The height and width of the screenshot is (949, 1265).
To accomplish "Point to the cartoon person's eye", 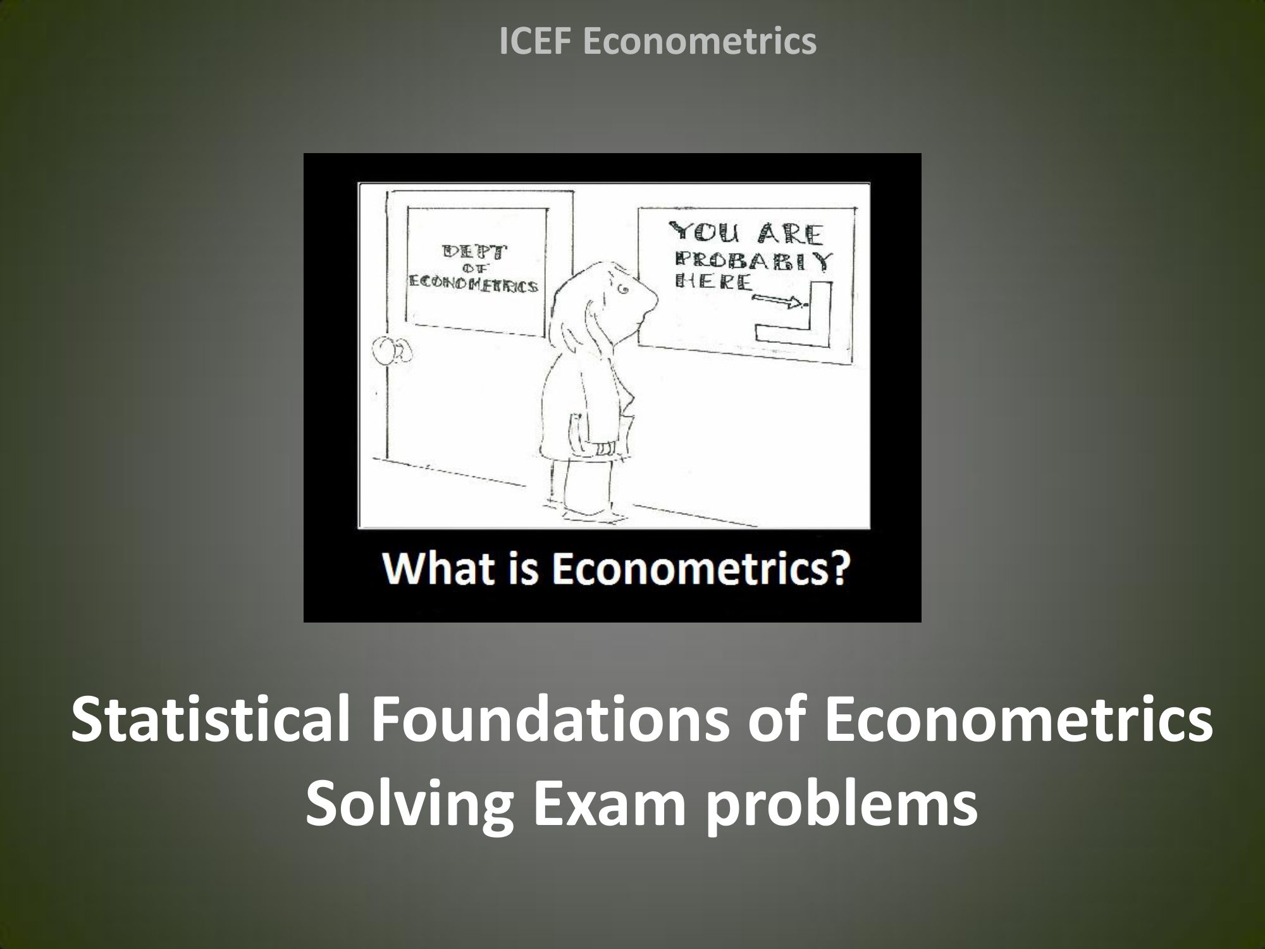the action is (623, 290).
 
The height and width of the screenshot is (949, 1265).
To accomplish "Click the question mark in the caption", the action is (837, 569).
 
